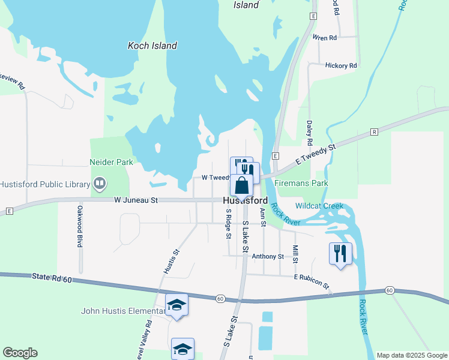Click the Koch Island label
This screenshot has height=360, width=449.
click(152, 46)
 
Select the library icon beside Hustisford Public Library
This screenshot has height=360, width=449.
click(100, 183)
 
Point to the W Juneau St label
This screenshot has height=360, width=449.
click(136, 200)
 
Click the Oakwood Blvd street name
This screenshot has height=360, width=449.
click(79, 227)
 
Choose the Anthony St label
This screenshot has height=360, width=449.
click(268, 257)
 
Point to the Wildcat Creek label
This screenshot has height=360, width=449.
click(319, 206)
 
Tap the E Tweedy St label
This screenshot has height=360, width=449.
click(315, 154)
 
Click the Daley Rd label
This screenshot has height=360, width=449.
click(310, 133)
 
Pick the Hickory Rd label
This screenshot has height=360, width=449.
click(340, 65)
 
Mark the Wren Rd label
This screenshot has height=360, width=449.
click(324, 38)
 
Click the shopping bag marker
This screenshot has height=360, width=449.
click(241, 185)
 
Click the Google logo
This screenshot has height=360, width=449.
click(20, 353)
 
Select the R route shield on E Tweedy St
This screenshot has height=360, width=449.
click(374, 131)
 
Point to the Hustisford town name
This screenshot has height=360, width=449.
click(245, 201)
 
